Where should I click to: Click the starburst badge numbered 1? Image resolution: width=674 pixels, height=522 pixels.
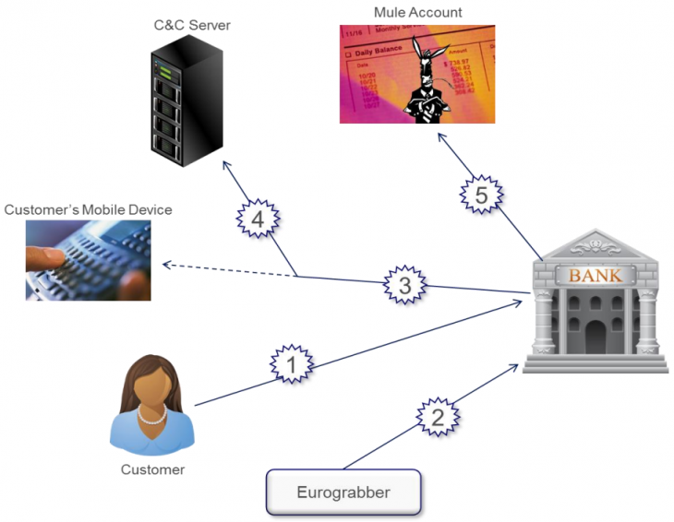(x=292, y=366)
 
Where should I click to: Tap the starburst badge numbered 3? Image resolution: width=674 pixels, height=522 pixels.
(x=405, y=286)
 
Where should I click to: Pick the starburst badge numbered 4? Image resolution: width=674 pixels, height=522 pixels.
(x=258, y=221)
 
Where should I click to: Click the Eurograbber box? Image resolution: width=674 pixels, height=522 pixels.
(x=343, y=492)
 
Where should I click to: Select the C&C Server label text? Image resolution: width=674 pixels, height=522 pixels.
(x=192, y=25)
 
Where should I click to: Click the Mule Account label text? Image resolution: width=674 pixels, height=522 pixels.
(x=417, y=12)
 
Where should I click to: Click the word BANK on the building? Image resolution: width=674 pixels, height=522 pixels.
(x=595, y=275)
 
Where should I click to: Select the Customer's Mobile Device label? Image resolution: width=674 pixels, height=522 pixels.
(x=88, y=210)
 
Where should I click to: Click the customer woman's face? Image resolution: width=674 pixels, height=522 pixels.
(x=151, y=388)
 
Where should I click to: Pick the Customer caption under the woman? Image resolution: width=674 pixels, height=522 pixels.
(x=152, y=469)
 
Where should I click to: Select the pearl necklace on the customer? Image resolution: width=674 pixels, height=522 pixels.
(x=152, y=415)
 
